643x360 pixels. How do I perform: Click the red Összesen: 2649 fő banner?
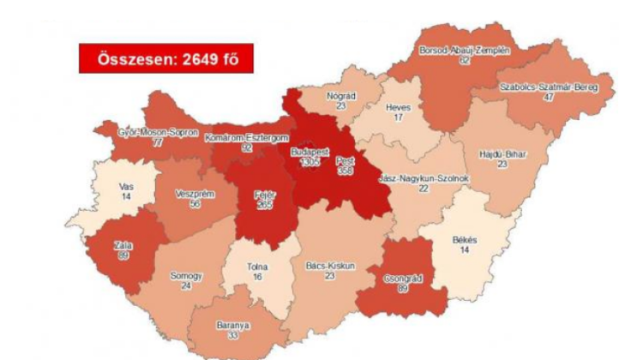pyautogui.click(x=165, y=60)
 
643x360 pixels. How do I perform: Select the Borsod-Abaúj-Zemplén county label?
pyautogui.click(x=464, y=51)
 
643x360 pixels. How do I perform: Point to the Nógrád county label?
pyautogui.click(x=342, y=96)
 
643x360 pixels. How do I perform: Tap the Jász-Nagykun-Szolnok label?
pyautogui.click(x=424, y=177)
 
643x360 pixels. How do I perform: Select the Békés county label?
pyautogui.click(x=464, y=241)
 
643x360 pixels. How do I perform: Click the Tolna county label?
pyautogui.click(x=257, y=267)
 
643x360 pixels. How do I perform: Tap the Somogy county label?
pyautogui.click(x=186, y=276)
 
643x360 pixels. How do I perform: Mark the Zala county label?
pyautogui.click(x=123, y=246)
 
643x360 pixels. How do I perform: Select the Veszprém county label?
pyautogui.click(x=195, y=195)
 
